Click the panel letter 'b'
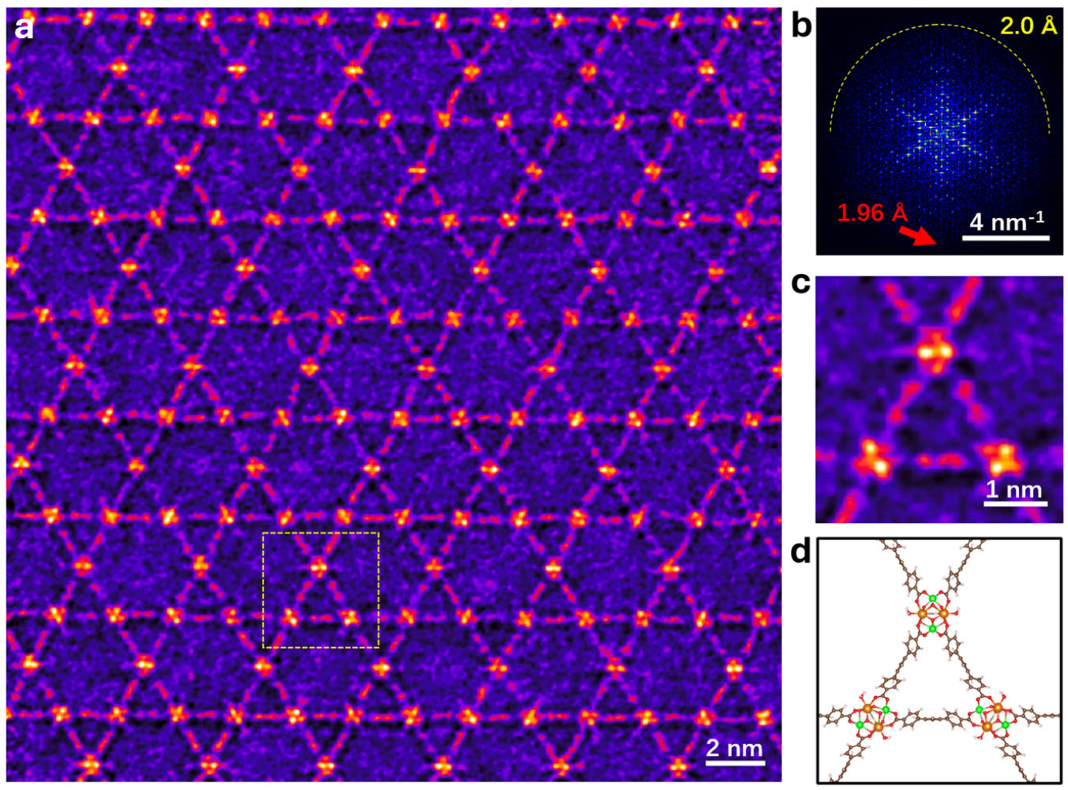tap(800, 25)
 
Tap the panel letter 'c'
tap(800, 282)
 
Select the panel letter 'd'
tap(800, 553)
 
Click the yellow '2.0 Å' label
tap(1028, 26)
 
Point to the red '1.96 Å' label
tap(872, 213)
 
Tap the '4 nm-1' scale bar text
tap(1007, 221)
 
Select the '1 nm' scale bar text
tap(1014, 489)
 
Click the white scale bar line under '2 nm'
tap(733, 762)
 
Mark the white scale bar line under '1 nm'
tap(1015, 504)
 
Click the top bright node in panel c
tap(935, 352)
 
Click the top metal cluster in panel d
tap(933, 613)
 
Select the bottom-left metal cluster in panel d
tap(872, 718)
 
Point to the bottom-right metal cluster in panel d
tap(992, 718)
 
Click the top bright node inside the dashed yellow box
tap(319, 567)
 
